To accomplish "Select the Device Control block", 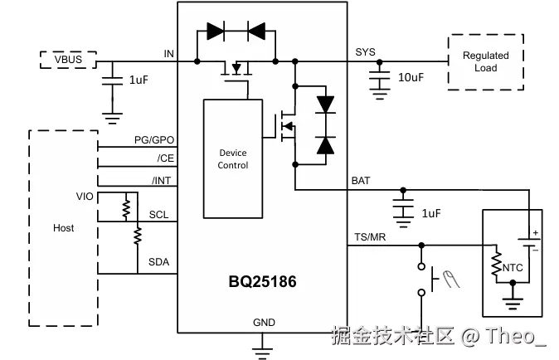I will (x=233, y=158).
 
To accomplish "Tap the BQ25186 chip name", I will (x=263, y=282).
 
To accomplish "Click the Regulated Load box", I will (x=485, y=61).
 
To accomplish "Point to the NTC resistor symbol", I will (x=496, y=266).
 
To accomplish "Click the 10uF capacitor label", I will (x=411, y=77).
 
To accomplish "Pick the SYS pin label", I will (x=365, y=52).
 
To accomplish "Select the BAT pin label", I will (x=362, y=180).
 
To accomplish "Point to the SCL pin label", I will (x=158, y=215).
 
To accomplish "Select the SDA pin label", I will (x=158, y=262).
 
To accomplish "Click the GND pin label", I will (x=264, y=322).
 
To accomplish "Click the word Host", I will (x=63, y=228).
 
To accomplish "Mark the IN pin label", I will (x=168, y=54).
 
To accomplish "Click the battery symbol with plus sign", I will (x=528, y=241).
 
